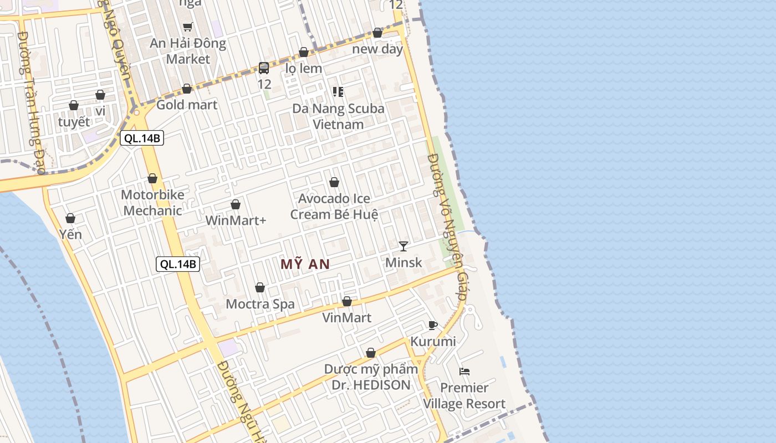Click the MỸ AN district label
[x=305, y=264]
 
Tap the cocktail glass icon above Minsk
[x=404, y=246]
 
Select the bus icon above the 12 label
[x=264, y=68]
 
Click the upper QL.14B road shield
[x=142, y=138]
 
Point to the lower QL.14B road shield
[x=177, y=264]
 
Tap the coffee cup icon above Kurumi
[x=433, y=325]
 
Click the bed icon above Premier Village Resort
[x=464, y=372]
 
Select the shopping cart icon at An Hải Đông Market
[x=188, y=27]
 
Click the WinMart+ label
[x=236, y=220]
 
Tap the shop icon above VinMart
[x=347, y=302]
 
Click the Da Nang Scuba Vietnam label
[x=338, y=116]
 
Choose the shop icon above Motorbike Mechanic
[x=152, y=178]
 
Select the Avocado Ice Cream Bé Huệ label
[x=334, y=206]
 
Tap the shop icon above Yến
[x=70, y=218]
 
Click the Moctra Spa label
[x=260, y=304]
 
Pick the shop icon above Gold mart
[x=187, y=89]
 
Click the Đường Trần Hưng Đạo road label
[x=32, y=102]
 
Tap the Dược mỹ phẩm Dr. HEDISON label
[x=371, y=377]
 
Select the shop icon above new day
[x=377, y=33]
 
